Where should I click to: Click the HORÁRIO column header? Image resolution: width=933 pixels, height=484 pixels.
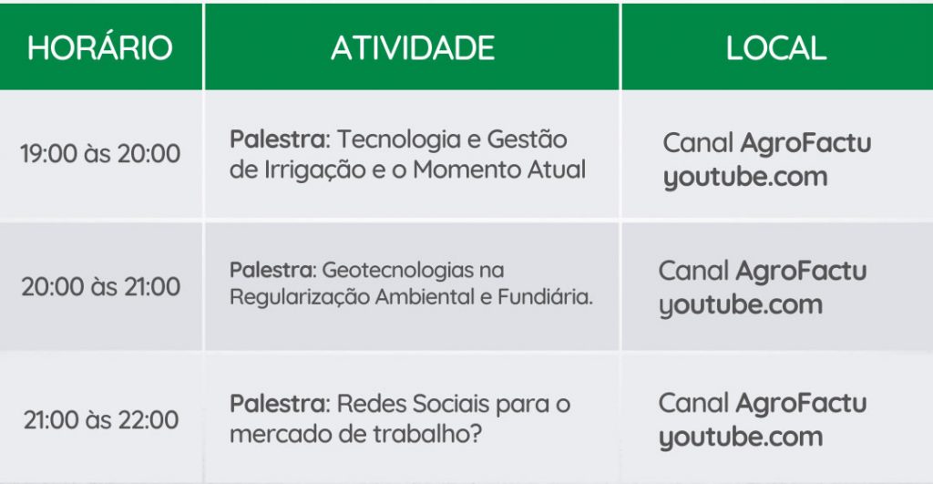pos(100,47)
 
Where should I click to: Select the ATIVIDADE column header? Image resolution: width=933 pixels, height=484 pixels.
pos(413,48)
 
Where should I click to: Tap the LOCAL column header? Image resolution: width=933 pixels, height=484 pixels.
pos(776,48)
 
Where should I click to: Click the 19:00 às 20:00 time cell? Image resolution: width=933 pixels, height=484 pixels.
pos(100,154)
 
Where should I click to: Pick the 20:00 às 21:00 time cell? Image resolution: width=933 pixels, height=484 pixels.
pos(100,287)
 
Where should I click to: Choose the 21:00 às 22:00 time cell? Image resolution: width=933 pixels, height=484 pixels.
pos(100,420)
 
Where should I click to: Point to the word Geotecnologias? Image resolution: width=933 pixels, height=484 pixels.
pos(397,271)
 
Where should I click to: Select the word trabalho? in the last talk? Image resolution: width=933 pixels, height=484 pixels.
pos(426,434)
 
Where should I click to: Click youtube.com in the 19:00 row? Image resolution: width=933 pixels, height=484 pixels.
pos(745,178)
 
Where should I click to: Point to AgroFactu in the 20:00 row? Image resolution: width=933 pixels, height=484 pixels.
pos(801,272)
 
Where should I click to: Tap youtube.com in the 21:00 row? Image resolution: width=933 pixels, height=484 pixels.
pos(741,438)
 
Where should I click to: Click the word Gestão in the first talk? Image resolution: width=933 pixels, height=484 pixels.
pos(528,139)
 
